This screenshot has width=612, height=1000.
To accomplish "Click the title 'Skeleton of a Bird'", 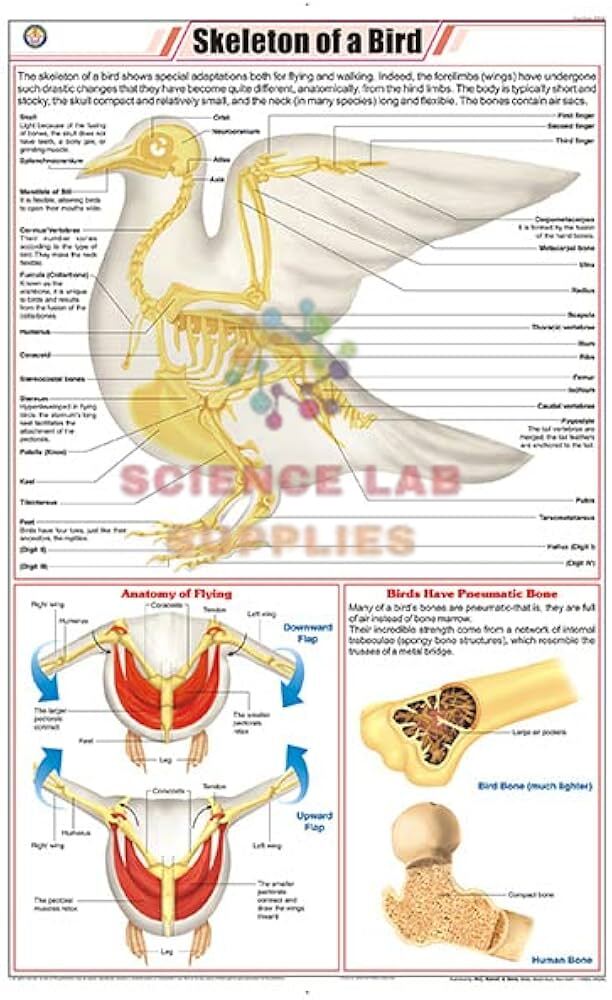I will pyautogui.click(x=306, y=42).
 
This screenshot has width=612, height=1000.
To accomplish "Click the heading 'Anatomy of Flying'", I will pyautogui.click(x=176, y=593).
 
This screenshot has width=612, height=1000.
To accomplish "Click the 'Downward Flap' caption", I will pyautogui.click(x=299, y=633).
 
